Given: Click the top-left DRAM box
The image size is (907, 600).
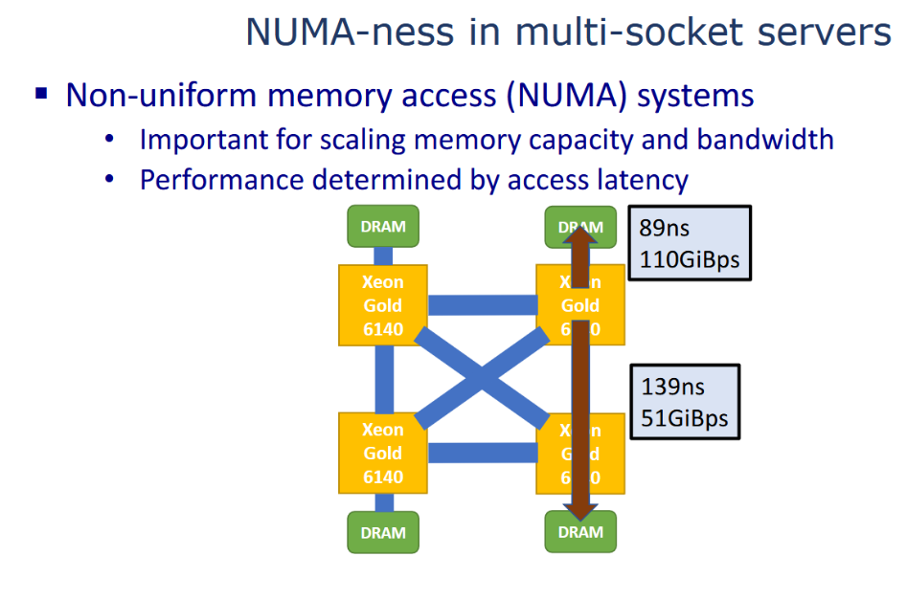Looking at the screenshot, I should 383,227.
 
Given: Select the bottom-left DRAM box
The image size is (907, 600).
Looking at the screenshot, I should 383,532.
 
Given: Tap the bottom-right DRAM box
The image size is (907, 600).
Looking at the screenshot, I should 580,531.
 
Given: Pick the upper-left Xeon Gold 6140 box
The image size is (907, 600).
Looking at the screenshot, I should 383,305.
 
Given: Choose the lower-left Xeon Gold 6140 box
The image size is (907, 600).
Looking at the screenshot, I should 383,453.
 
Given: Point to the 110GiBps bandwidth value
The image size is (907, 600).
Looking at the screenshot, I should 689,258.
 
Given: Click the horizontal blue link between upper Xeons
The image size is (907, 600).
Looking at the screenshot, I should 482,305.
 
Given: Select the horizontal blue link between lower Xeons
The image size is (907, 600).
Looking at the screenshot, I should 482,453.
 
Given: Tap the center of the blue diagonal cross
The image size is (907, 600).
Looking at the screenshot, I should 482,379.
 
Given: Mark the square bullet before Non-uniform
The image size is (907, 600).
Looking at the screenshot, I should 41,94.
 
